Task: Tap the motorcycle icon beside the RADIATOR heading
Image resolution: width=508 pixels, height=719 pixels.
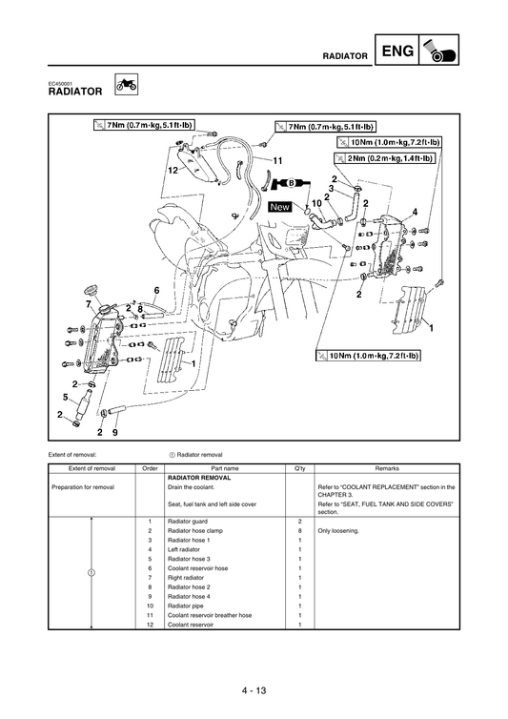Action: [x=124, y=87]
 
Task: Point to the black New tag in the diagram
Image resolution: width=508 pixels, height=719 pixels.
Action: [x=280, y=206]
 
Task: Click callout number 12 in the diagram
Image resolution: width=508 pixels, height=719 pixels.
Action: [x=173, y=169]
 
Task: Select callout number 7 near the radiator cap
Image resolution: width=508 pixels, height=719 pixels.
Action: [x=91, y=303]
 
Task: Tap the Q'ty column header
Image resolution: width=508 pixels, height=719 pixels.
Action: [x=299, y=469]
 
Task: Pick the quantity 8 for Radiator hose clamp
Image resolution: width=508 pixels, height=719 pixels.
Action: [x=299, y=531]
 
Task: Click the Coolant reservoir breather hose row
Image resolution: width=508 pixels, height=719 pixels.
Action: [x=210, y=615]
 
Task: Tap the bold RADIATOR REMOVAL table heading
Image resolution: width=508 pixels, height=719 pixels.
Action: [x=198, y=478]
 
